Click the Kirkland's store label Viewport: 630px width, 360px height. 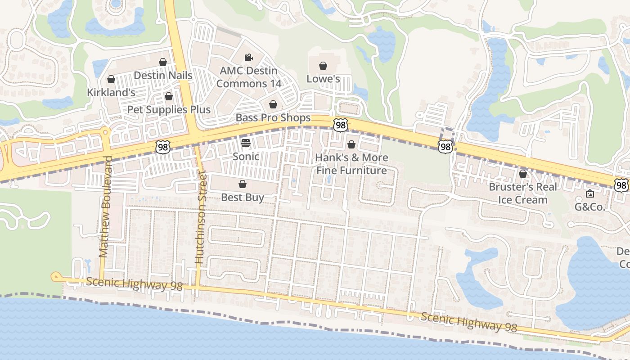(111, 92)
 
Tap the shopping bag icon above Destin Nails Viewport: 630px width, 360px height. (163, 62)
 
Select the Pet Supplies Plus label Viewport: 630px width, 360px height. (169, 109)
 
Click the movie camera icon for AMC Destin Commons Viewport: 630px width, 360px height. (248, 57)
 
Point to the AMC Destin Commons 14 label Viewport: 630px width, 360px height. (248, 77)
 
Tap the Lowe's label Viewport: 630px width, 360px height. (323, 79)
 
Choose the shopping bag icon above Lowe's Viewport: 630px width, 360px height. (323, 66)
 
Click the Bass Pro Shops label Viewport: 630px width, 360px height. (273, 117)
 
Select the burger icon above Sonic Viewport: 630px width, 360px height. (246, 143)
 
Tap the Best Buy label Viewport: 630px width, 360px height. (243, 197)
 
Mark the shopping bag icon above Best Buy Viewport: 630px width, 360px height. (243, 184)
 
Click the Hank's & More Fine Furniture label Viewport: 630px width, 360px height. (351, 164)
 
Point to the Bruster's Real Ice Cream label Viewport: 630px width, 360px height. (523, 193)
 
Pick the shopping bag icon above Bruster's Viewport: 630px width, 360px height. (523, 174)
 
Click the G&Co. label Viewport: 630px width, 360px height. (590, 207)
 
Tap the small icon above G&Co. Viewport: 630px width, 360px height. (590, 193)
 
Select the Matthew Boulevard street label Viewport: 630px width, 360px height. (104, 207)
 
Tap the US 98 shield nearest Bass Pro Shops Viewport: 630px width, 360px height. (340, 125)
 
